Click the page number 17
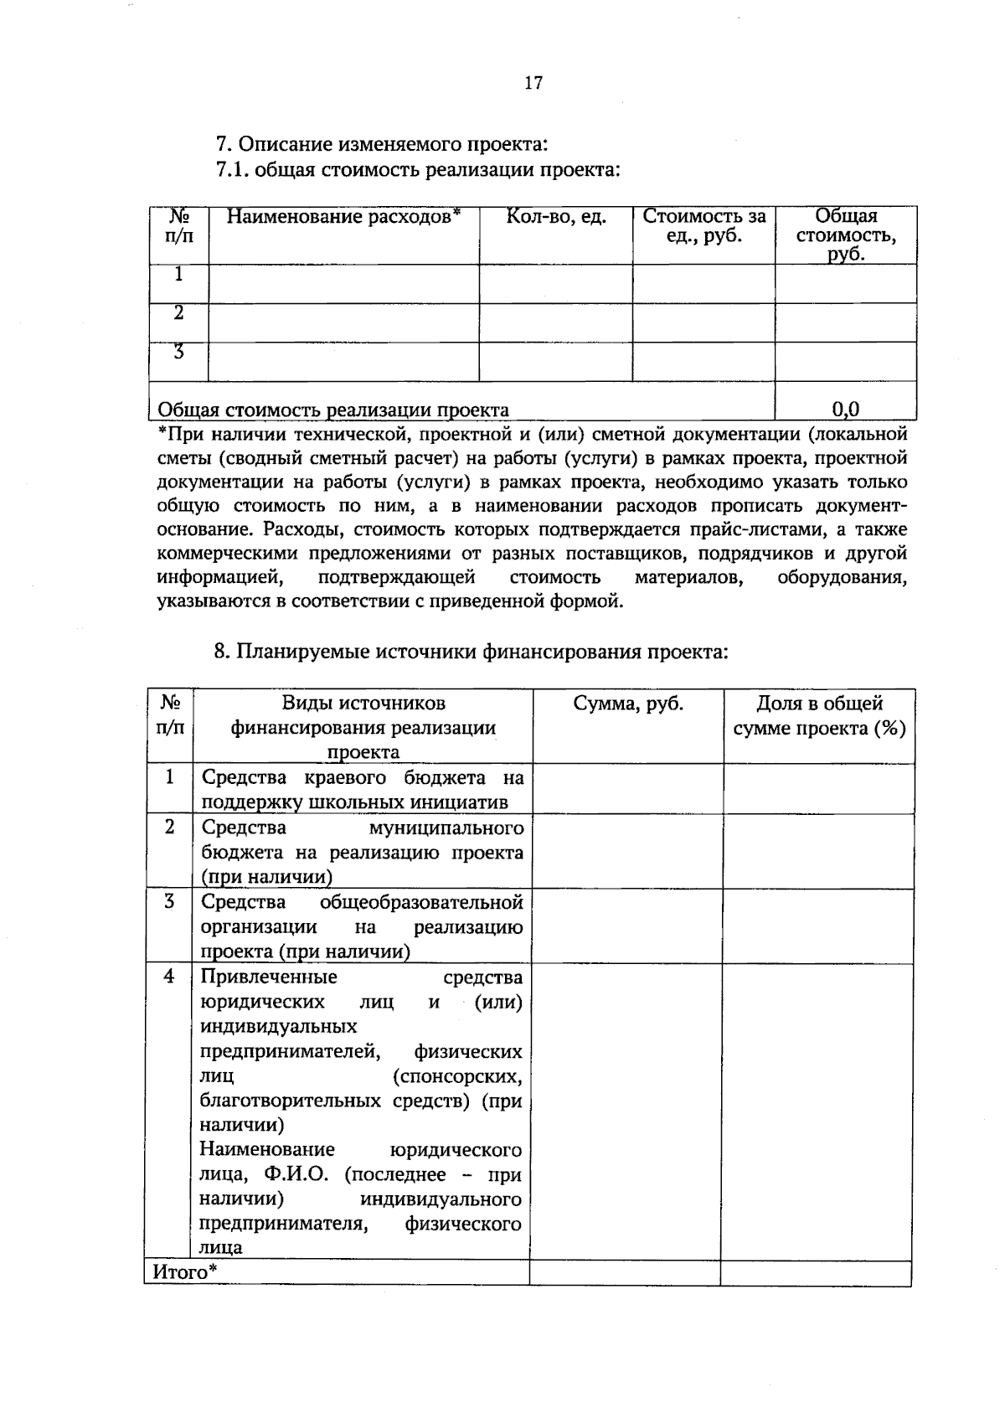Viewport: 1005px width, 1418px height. [533, 83]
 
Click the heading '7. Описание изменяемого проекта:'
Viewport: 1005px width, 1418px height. [381, 144]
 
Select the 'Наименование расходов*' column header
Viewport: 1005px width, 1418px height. [343, 217]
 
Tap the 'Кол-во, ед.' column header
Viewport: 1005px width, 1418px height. [555, 217]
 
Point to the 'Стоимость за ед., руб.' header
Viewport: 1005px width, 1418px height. [703, 226]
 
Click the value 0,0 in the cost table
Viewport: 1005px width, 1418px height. [845, 409]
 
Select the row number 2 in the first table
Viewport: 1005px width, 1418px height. [178, 313]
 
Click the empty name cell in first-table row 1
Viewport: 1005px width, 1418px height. [343, 284]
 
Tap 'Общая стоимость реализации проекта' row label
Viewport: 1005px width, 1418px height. [333, 410]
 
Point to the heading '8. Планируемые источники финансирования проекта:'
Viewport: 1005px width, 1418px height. [471, 652]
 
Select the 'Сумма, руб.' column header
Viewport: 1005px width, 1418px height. [627, 704]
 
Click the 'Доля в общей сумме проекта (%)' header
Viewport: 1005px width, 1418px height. [819, 715]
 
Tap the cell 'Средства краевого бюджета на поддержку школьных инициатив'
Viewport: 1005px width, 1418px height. [362, 789]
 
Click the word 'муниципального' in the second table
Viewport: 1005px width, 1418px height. [446, 828]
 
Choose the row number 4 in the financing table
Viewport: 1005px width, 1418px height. [169, 977]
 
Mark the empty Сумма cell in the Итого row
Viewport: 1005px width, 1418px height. [625, 1273]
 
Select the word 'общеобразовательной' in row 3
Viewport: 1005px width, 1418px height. [420, 902]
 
